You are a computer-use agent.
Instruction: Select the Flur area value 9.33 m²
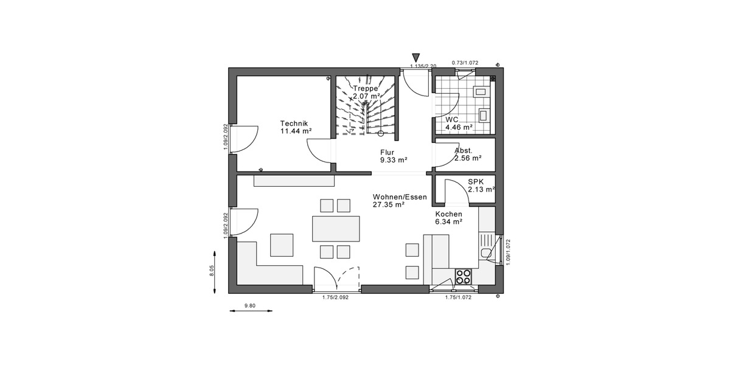tap(394, 160)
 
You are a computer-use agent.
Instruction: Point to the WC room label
tap(451, 120)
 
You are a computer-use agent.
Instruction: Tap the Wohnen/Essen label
tap(400, 197)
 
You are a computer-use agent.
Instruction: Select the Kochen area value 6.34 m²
tap(448, 222)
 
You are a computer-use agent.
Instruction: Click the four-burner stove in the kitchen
tap(464, 277)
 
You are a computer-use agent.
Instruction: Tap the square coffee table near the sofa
tap(282, 245)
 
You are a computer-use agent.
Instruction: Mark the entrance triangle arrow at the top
tap(416, 57)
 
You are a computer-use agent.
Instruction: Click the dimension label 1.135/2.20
tap(424, 66)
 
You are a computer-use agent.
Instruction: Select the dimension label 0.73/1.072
tap(465, 62)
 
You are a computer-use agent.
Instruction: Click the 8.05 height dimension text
tap(212, 271)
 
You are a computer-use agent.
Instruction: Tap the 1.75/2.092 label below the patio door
tap(335, 297)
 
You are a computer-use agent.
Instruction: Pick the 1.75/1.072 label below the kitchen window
tap(458, 297)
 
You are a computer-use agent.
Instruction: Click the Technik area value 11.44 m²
tap(296, 131)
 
